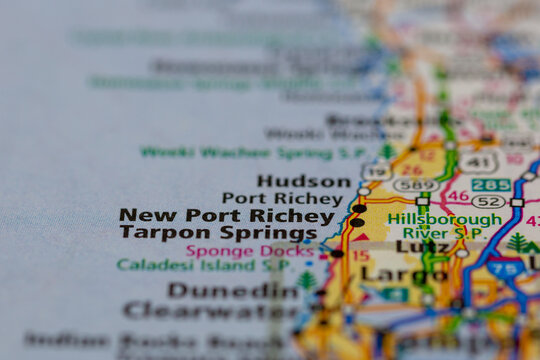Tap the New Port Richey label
point(226,215)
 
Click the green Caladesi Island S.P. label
point(204,265)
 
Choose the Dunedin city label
point(233,290)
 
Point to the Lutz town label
point(422,246)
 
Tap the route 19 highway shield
point(376,172)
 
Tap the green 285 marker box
point(491,185)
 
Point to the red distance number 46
point(458,196)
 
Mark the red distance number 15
point(360,255)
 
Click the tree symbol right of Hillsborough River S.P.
point(518,243)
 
